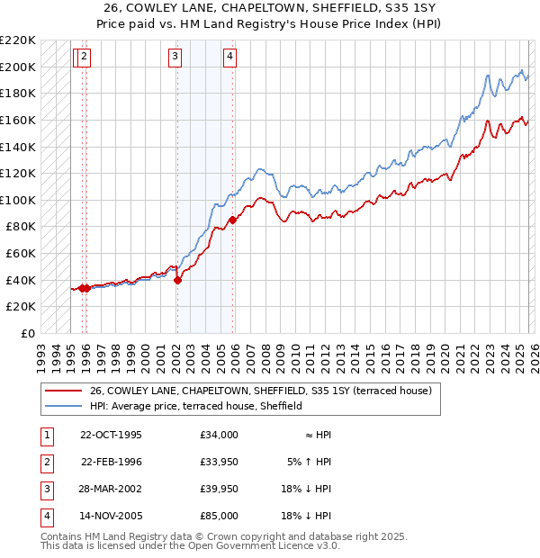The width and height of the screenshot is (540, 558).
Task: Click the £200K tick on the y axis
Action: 19,67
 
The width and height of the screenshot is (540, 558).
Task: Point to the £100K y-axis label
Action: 19,200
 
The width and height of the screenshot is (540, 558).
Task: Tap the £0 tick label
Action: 28,333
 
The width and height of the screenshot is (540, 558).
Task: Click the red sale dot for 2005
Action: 232,220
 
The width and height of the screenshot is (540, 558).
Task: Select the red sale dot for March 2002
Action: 177,280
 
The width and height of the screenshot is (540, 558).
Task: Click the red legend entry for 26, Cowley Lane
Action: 261,391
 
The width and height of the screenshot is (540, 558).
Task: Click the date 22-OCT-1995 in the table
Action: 111,435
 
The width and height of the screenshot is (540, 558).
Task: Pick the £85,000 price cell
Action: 220,516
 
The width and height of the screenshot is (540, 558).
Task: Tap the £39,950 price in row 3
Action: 220,489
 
